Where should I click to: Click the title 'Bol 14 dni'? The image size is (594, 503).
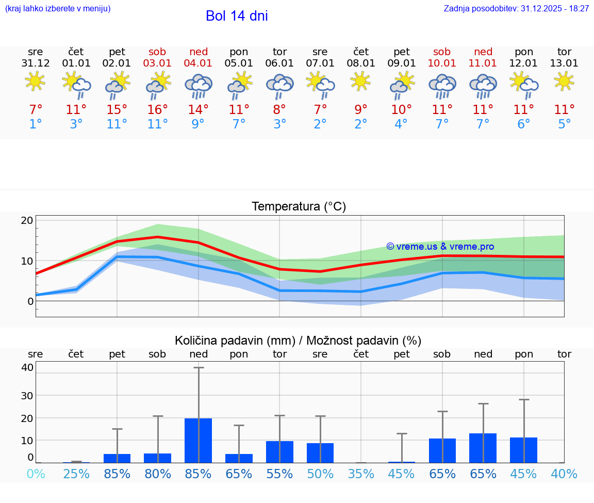point(237,16)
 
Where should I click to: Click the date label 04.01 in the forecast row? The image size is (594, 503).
point(199,63)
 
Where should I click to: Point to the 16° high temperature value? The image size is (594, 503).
point(158,109)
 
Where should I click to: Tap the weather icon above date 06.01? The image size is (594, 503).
point(279,84)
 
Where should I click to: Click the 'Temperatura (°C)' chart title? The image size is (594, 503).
point(299,207)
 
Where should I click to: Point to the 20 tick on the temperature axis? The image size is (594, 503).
point(27,220)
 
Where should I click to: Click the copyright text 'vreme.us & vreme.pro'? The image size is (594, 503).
point(440,247)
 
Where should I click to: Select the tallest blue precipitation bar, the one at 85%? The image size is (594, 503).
point(199,440)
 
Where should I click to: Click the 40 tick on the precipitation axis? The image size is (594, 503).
point(27,367)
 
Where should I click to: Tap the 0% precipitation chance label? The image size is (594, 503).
point(36,474)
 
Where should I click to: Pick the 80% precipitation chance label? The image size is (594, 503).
point(158,474)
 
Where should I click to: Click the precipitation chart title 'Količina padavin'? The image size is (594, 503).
point(298,340)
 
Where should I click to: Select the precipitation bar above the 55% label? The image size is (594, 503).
point(279,451)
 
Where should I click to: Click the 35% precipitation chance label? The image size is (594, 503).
point(361,474)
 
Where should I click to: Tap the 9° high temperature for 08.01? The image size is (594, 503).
point(361,109)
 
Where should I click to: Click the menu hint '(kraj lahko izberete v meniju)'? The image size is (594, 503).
point(57,8)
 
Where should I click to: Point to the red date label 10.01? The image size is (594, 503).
point(442,63)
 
